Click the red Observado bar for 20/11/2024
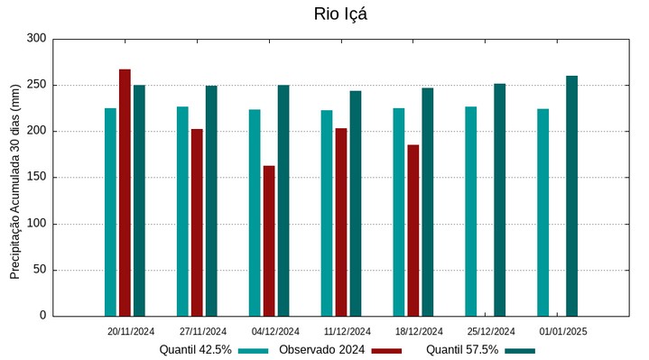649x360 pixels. coord(125,192)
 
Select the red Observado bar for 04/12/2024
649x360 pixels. coord(269,241)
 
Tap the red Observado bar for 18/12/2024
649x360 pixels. coord(413,230)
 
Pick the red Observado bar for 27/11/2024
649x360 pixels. coord(197,222)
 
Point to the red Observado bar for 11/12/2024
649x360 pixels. coord(341,222)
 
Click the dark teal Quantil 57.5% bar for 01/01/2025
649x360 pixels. coord(571,196)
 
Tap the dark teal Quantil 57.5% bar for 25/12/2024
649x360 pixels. coord(499,199)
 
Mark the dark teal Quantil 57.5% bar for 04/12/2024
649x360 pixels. coord(283,200)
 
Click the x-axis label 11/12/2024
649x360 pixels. coord(348,331)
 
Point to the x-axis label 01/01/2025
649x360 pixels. coord(563,331)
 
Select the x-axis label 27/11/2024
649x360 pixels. coord(203,331)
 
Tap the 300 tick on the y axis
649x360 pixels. coord(36,39)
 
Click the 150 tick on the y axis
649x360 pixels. coord(36,178)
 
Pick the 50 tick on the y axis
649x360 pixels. coord(39,270)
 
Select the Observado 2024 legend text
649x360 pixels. coord(321,349)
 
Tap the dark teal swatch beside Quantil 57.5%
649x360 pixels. coord(520,350)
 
